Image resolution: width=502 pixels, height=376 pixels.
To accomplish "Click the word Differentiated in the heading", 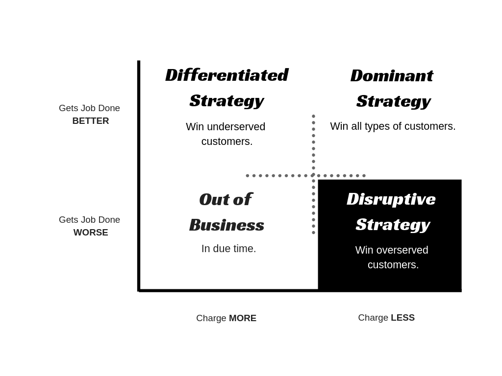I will pyautogui.click(x=226, y=75).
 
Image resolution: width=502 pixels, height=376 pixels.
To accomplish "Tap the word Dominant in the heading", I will pyautogui.click(x=392, y=75).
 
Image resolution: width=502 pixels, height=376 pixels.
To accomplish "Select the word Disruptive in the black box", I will pyautogui.click(x=391, y=199).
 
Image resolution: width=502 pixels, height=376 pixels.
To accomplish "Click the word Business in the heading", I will pyautogui.click(x=226, y=225).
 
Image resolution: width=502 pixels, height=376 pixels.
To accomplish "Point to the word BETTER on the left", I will pyautogui.click(x=91, y=121).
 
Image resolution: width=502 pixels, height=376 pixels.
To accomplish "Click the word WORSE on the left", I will pyautogui.click(x=91, y=233).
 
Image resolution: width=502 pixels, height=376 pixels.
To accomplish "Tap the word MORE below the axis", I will pyautogui.click(x=243, y=318).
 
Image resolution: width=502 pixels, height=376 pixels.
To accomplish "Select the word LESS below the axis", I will pyautogui.click(x=402, y=318).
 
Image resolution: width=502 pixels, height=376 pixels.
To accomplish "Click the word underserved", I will pyautogui.click(x=236, y=127).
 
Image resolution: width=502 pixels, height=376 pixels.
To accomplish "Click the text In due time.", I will pyautogui.click(x=228, y=249).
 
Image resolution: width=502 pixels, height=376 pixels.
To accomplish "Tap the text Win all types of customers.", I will pyautogui.click(x=393, y=126).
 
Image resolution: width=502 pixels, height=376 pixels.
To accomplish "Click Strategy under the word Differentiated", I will pyautogui.click(x=226, y=100).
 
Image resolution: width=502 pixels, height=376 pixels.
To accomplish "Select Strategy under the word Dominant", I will pyautogui.click(x=393, y=101).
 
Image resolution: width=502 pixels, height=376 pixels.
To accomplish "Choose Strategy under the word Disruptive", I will pyautogui.click(x=393, y=224).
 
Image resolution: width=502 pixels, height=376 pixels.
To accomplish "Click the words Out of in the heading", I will pyautogui.click(x=226, y=199).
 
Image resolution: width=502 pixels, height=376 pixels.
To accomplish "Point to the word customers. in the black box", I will pyautogui.click(x=393, y=265).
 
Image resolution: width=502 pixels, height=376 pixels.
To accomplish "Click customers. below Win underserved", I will pyautogui.click(x=227, y=141).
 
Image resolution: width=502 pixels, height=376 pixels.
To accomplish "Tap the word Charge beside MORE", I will pyautogui.click(x=211, y=318).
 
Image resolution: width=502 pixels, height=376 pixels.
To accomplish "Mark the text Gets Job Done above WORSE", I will pyautogui.click(x=89, y=220).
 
